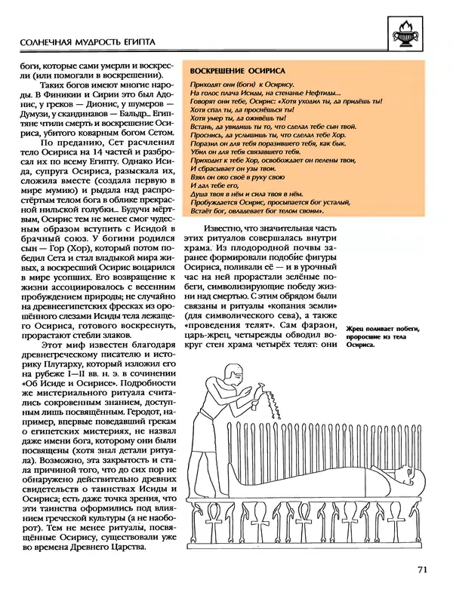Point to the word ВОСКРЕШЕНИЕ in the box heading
214,66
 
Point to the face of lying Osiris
400,474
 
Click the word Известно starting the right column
223,229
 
